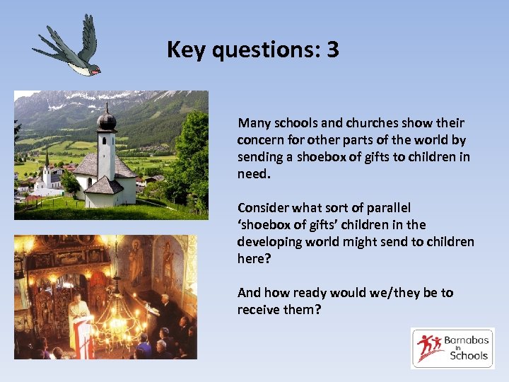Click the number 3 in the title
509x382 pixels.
tap(332, 50)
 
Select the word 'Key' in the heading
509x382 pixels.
tap(185, 50)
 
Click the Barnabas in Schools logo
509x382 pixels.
tap(452, 348)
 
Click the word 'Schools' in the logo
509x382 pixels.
tap(469, 356)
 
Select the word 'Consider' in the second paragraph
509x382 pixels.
tap(262, 208)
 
